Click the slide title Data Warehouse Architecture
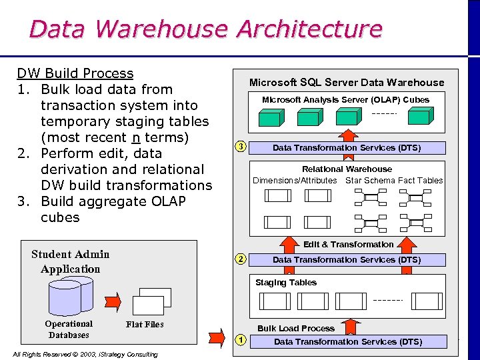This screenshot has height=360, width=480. click(x=205, y=29)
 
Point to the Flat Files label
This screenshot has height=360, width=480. click(x=145, y=325)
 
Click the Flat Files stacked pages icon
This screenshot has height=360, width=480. click(x=153, y=302)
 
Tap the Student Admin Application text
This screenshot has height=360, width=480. click(x=70, y=261)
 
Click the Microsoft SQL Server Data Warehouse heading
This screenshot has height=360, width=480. click(x=346, y=83)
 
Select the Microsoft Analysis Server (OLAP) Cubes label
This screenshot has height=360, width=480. click(x=345, y=100)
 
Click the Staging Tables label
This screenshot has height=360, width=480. click(x=286, y=283)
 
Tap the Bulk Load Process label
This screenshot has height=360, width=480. click(x=296, y=329)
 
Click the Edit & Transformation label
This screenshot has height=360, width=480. click(x=348, y=245)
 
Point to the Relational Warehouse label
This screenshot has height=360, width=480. click(x=347, y=169)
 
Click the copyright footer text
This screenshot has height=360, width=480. click(x=85, y=354)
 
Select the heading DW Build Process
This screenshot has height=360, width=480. click(x=75, y=73)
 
